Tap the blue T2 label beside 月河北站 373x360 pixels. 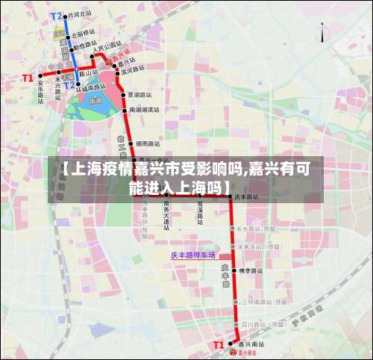tap(57, 15)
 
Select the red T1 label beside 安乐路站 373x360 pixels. tap(28, 78)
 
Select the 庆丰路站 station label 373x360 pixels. tap(246, 197)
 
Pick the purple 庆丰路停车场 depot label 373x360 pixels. tap(192, 255)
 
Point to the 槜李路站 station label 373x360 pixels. tap(251, 270)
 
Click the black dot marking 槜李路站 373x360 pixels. tap(234, 270)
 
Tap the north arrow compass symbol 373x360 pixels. tap(322, 33)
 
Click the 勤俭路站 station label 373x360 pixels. tap(84, 46)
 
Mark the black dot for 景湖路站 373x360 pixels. tap(124, 95)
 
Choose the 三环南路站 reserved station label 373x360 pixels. tap(264, 302)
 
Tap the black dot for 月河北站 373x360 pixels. tap(66, 14)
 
